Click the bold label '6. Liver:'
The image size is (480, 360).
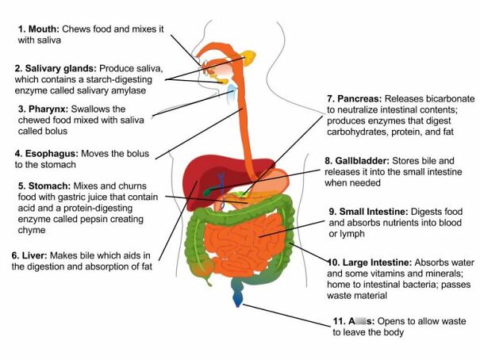coord(39,255)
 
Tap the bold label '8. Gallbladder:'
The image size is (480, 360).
coord(367,159)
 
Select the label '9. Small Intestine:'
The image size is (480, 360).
coord(370,212)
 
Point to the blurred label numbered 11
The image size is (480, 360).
coord(353,320)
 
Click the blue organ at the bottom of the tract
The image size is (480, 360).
coord(237,300)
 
